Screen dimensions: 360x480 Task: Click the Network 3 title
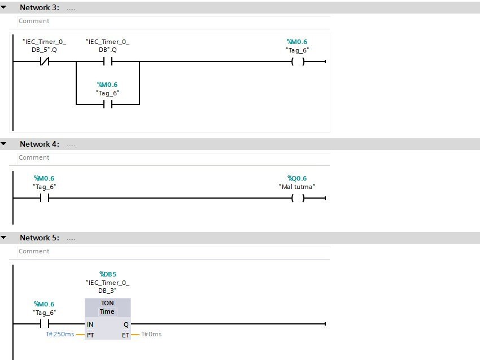(39, 7)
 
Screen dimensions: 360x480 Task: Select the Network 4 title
(39, 144)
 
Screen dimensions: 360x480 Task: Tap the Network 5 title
(39, 238)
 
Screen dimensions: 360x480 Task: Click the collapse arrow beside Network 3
(4, 7)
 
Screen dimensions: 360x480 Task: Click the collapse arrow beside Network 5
(4, 238)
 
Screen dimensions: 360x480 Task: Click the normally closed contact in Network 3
(44, 62)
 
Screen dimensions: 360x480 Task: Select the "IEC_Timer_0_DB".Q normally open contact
(107, 62)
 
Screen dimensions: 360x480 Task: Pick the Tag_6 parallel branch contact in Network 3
(107, 104)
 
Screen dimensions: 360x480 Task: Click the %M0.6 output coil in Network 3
(298, 62)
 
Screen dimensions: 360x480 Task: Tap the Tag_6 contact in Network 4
(44, 198)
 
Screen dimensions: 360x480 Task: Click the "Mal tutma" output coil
(298, 198)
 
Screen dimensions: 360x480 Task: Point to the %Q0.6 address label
(297, 178)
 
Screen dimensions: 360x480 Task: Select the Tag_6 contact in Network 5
(44, 324)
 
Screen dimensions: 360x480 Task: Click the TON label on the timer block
(107, 303)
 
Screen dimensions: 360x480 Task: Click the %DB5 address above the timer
(107, 274)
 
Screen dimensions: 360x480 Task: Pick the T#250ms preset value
(60, 335)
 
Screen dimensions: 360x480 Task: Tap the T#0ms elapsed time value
(151, 335)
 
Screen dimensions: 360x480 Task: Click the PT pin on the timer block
(90, 335)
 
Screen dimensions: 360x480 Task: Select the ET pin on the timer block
(125, 335)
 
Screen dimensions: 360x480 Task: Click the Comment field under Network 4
(34, 157)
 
